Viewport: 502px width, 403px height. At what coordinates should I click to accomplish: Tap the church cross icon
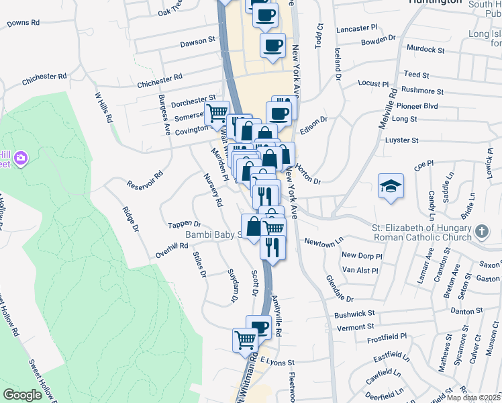(x=481, y=232)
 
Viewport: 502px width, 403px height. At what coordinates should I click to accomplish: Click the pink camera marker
(x=21, y=158)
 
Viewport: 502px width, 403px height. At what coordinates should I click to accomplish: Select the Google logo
(x=22, y=395)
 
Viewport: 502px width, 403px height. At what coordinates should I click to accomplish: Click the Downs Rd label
(x=23, y=23)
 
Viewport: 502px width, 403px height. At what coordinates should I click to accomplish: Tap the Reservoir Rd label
(x=145, y=180)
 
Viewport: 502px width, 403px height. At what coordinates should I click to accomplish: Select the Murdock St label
(x=425, y=50)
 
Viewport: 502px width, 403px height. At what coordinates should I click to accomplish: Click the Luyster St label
(x=402, y=140)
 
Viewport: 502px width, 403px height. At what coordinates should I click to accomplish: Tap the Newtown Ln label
(x=323, y=240)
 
